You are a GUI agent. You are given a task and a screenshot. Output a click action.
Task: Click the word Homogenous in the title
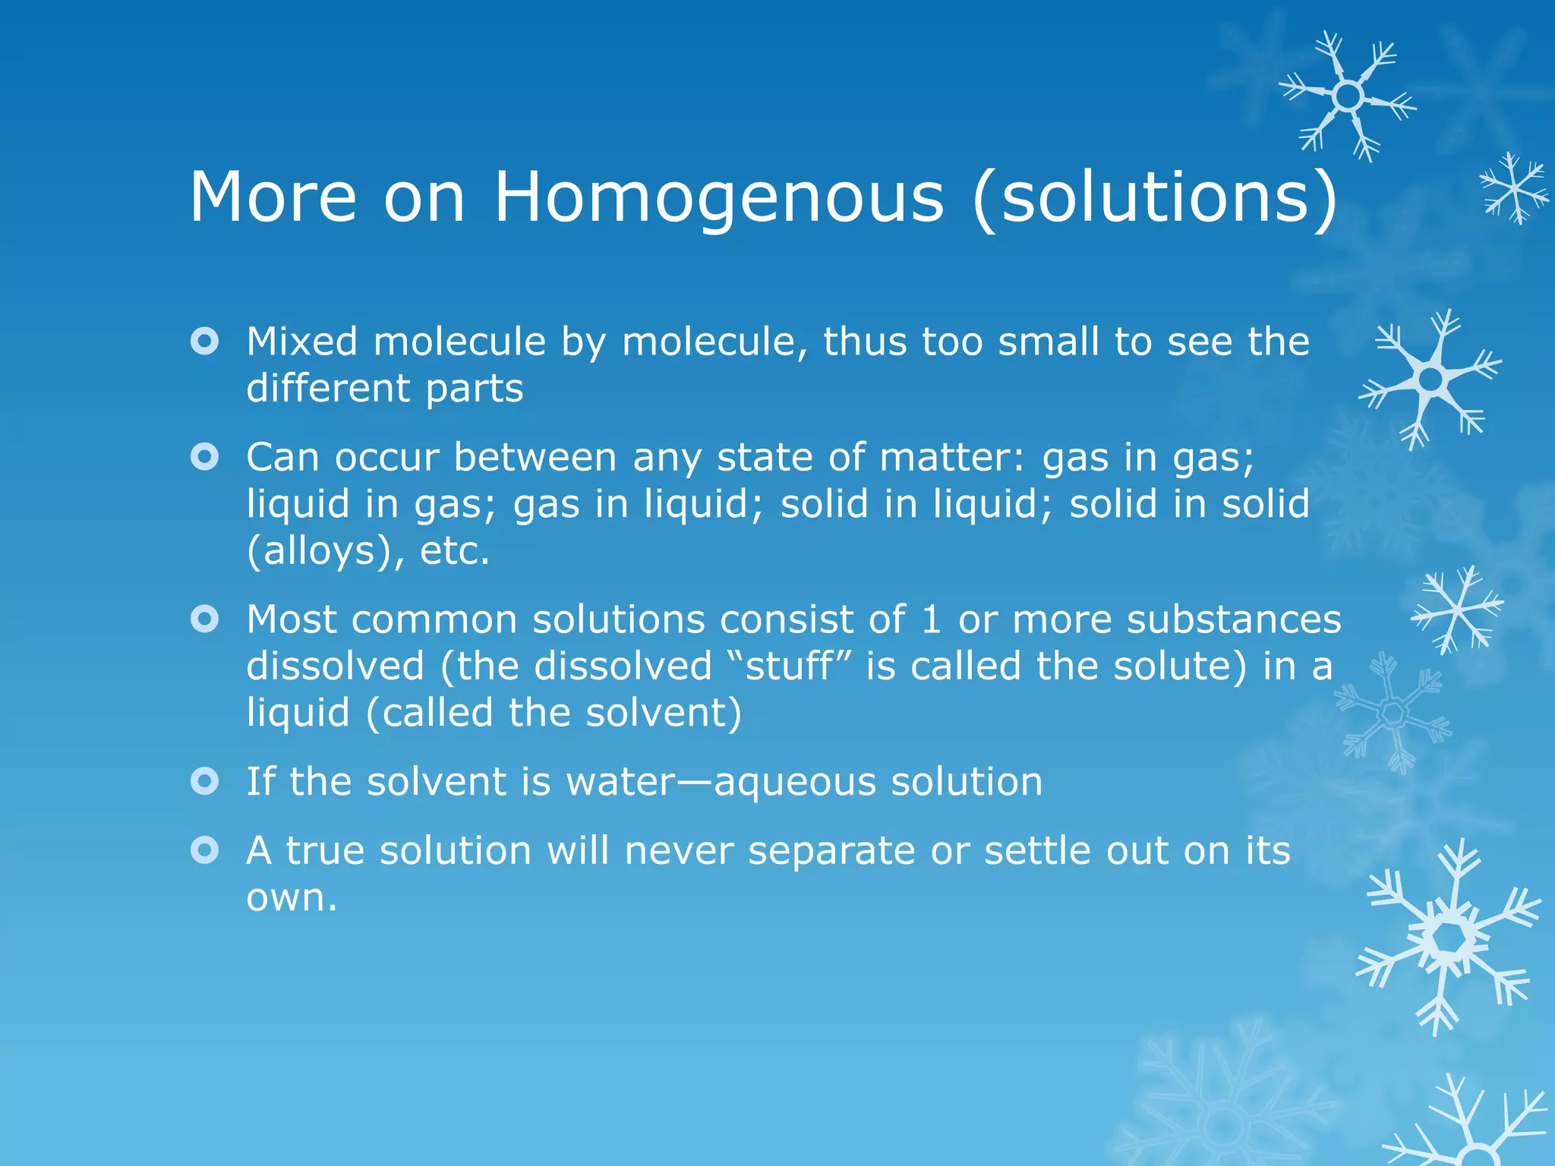[x=719, y=197]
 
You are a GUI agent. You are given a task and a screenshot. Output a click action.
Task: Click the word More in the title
[x=273, y=197]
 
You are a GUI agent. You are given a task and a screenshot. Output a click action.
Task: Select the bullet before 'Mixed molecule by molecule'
[x=205, y=342]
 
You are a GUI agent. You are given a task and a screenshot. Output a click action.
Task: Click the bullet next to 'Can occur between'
[x=205, y=457]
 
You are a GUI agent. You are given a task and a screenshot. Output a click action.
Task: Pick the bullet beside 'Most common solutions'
[x=205, y=619]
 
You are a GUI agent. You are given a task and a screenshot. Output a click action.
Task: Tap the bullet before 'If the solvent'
[x=205, y=781]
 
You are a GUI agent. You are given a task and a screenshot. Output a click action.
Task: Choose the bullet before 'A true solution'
[x=205, y=850]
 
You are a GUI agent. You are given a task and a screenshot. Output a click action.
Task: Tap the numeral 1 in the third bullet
[x=932, y=619]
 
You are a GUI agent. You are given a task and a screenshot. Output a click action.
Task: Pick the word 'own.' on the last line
[x=292, y=898]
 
